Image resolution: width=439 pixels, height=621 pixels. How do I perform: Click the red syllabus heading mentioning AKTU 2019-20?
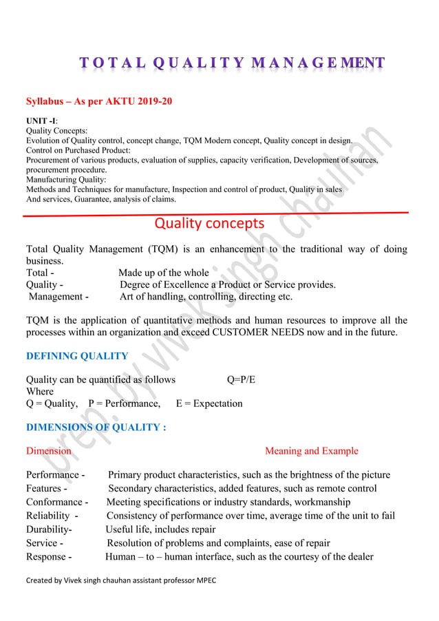(99, 103)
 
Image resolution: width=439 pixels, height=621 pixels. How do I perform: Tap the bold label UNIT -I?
(42, 121)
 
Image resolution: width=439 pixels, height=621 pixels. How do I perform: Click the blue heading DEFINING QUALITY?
(76, 356)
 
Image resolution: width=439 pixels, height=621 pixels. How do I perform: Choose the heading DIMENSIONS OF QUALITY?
(96, 427)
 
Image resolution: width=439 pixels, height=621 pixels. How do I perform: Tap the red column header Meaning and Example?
(311, 452)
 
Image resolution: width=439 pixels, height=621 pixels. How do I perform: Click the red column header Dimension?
(48, 452)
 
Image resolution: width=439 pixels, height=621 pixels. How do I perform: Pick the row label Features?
(45, 489)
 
